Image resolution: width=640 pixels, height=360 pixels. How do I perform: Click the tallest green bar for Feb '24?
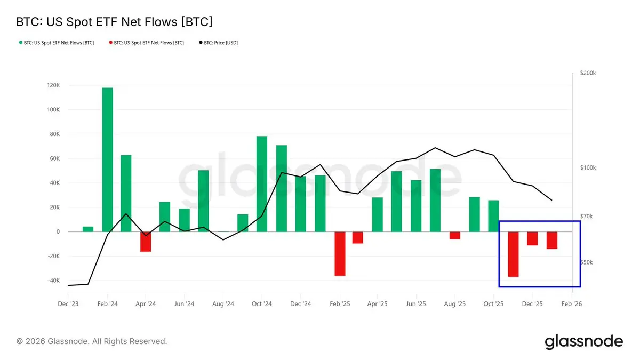pos(107,159)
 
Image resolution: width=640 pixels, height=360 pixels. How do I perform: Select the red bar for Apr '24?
pos(146,242)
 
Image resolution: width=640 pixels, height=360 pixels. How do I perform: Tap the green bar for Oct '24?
pos(262,184)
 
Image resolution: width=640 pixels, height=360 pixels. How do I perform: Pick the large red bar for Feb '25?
pos(340,253)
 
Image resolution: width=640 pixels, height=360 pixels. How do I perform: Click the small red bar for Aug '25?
pos(454,235)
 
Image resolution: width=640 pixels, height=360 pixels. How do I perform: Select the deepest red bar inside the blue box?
pos(513,254)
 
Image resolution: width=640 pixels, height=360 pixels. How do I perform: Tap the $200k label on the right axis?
pos(588,73)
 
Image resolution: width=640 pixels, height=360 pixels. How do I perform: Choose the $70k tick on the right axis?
pos(588,216)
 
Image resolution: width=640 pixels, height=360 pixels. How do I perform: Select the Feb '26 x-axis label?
pos(571,304)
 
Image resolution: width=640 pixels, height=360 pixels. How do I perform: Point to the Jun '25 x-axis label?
pos(416,304)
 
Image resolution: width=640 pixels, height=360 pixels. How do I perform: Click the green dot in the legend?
pos(20,43)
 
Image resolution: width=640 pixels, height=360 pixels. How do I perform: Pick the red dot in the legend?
pos(110,43)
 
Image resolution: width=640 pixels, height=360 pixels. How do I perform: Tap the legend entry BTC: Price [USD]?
pos(220,43)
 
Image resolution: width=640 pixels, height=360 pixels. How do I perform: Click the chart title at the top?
pos(114,22)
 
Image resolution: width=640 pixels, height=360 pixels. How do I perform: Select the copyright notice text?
pos(92,341)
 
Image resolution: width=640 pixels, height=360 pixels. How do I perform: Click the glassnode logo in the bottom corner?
pos(583,341)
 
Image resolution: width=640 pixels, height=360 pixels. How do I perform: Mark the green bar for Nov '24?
pos(282,188)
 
